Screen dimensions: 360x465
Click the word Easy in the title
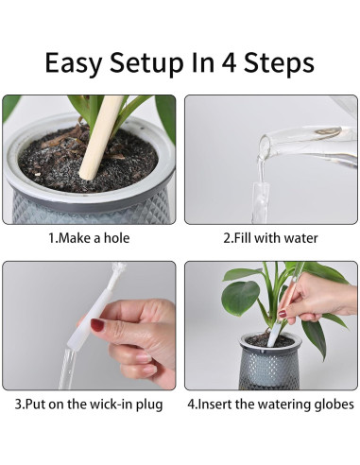click(73, 64)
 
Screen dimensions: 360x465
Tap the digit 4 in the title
click(229, 62)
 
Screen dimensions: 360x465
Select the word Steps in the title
click(279, 64)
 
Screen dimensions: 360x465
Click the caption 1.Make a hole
click(89, 238)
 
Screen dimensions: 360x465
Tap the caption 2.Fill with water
click(270, 238)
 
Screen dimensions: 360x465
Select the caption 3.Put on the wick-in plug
click(89, 405)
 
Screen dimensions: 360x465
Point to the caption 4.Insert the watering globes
click(271, 405)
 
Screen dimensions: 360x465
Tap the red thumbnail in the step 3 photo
click(97, 324)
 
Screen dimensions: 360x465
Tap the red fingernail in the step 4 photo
click(282, 314)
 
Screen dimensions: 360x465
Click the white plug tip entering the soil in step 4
click(274, 336)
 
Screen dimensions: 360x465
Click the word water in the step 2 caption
click(300, 238)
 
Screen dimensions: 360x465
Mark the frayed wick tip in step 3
click(119, 269)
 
